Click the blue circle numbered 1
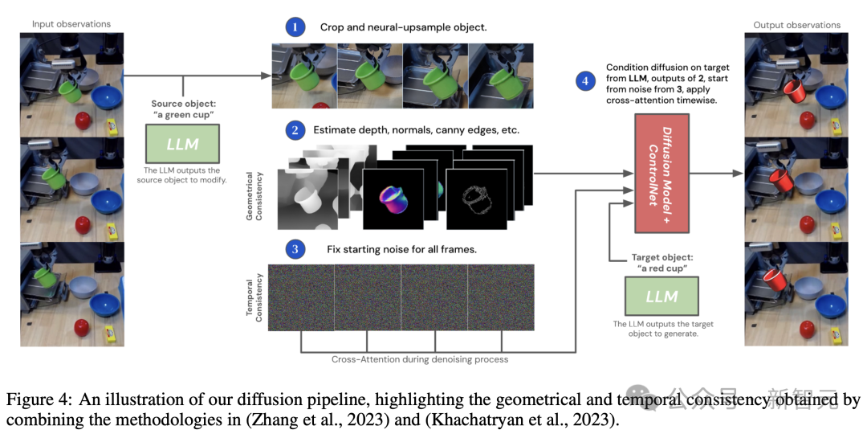point(295,27)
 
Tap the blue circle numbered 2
point(295,129)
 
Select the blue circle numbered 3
point(295,248)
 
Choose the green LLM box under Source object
point(182,145)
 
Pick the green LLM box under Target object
point(661,297)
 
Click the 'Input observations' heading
point(71,24)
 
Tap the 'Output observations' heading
point(796,25)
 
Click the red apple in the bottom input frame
point(82,327)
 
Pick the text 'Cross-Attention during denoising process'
point(420,359)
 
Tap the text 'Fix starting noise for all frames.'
point(401,249)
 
